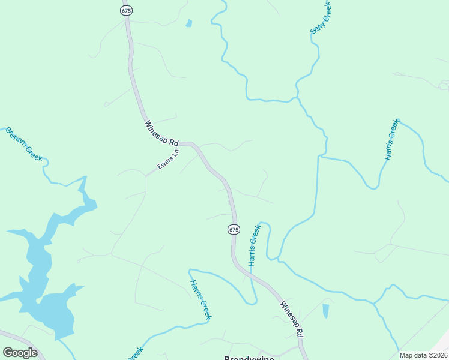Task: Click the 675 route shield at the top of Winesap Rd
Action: pyautogui.click(x=125, y=10)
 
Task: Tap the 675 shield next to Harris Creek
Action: pyautogui.click(x=234, y=229)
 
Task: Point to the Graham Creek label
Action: pyautogui.click(x=24, y=143)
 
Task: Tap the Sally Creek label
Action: pyautogui.click(x=320, y=17)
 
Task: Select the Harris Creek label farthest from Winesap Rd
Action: pyautogui.click(x=391, y=140)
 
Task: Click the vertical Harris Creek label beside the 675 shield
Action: pyautogui.click(x=255, y=245)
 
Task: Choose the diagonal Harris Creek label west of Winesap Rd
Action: pyautogui.click(x=200, y=299)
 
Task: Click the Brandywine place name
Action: pyautogui.click(x=249, y=358)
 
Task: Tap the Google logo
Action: pyautogui.click(x=20, y=352)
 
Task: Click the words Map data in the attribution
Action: pyautogui.click(x=412, y=355)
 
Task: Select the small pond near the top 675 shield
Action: pyautogui.click(x=189, y=23)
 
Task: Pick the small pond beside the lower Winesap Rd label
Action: pyautogui.click(x=325, y=311)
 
